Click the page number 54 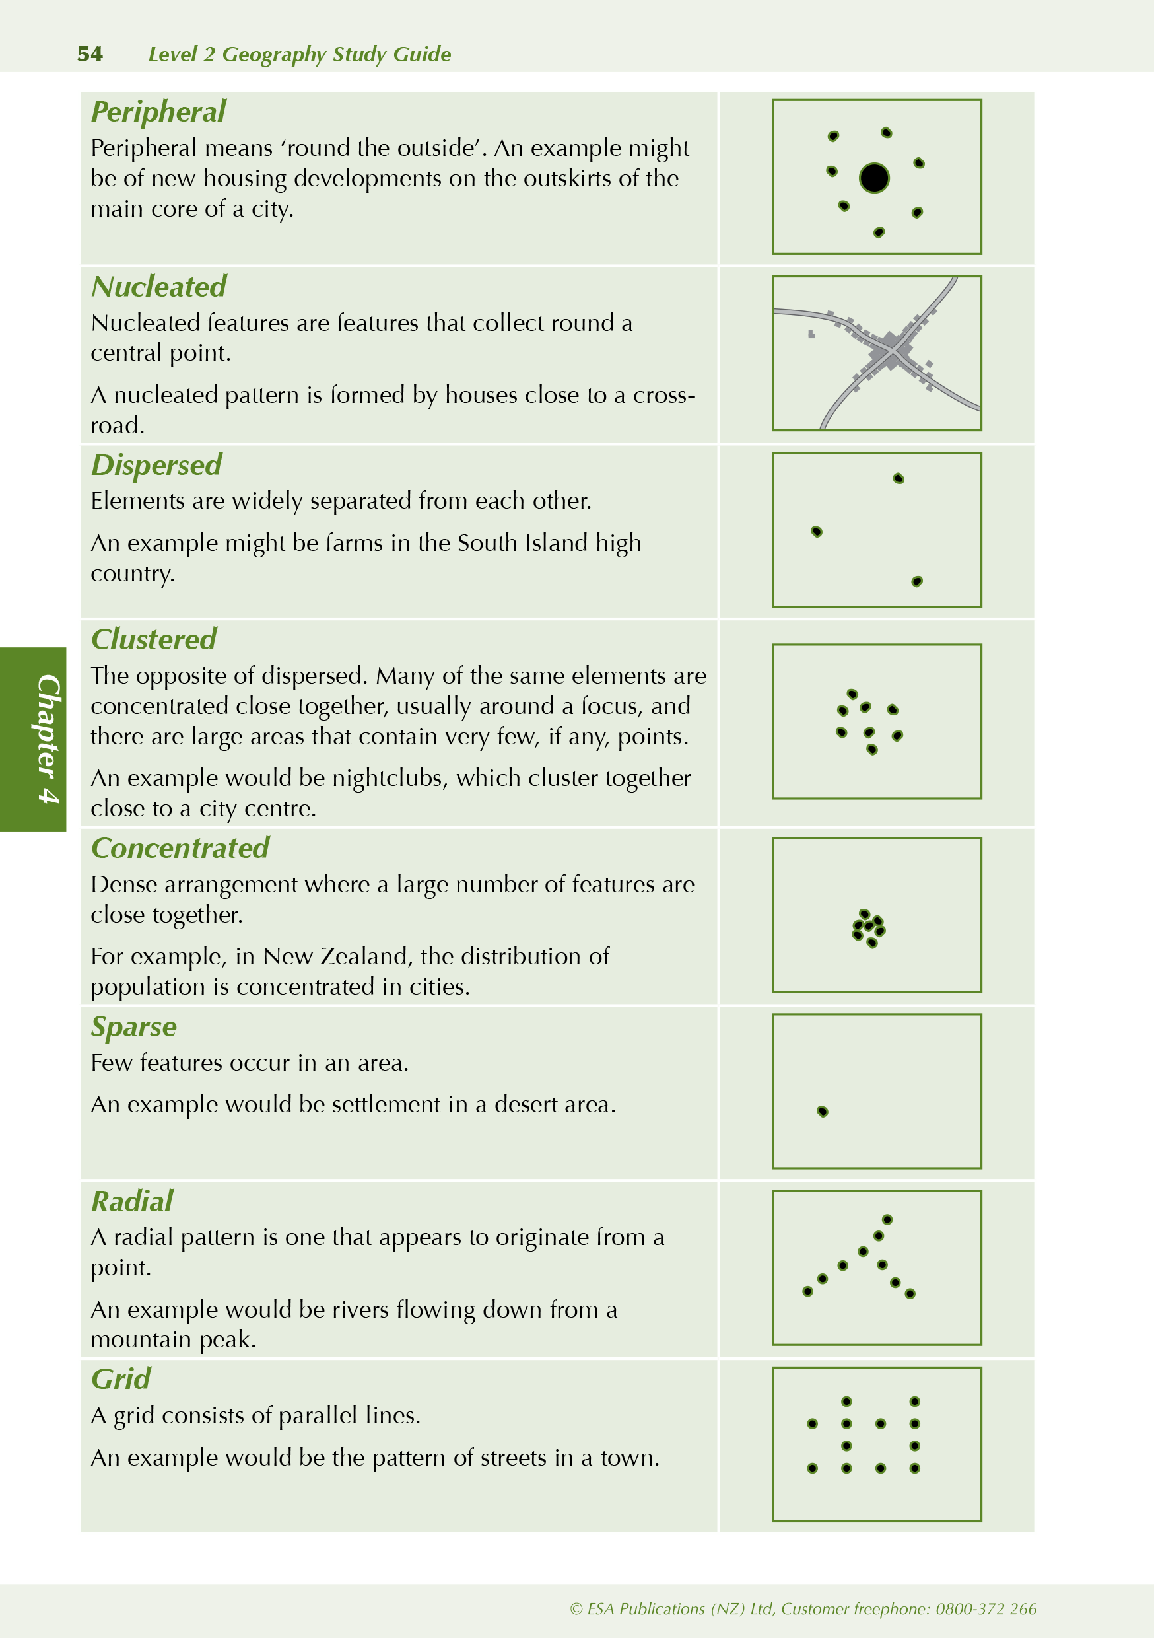(x=90, y=54)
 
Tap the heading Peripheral (x=158, y=112)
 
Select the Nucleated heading (x=158, y=287)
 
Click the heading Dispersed (x=156, y=465)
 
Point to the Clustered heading (x=153, y=640)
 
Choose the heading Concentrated (x=180, y=848)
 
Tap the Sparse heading (x=133, y=1026)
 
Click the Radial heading (x=132, y=1201)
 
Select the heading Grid (x=121, y=1379)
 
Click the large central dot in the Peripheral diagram (x=873, y=178)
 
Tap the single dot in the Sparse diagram (x=823, y=1112)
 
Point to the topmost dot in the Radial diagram (x=887, y=1219)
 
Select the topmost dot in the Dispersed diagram (x=899, y=478)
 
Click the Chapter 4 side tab (x=34, y=739)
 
